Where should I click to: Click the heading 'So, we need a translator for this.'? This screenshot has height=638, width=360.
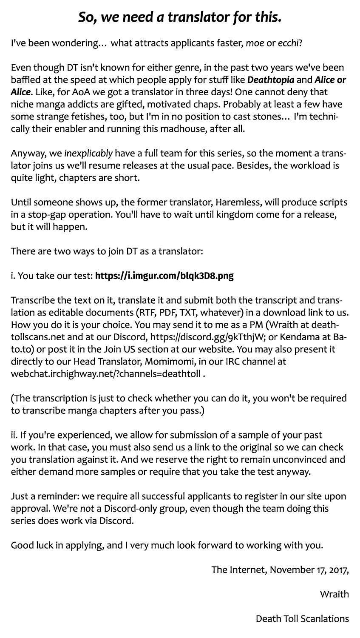coord(180,17)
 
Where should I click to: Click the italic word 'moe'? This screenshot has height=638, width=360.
coord(255,43)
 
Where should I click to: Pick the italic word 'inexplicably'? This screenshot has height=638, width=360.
coord(88,153)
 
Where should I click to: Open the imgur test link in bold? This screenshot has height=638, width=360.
coord(164,276)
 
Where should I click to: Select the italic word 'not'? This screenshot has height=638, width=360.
coord(87,509)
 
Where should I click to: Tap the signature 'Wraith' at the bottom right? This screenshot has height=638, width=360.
coord(334,594)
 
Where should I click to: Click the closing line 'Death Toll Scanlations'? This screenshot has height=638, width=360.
coord(302,618)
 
